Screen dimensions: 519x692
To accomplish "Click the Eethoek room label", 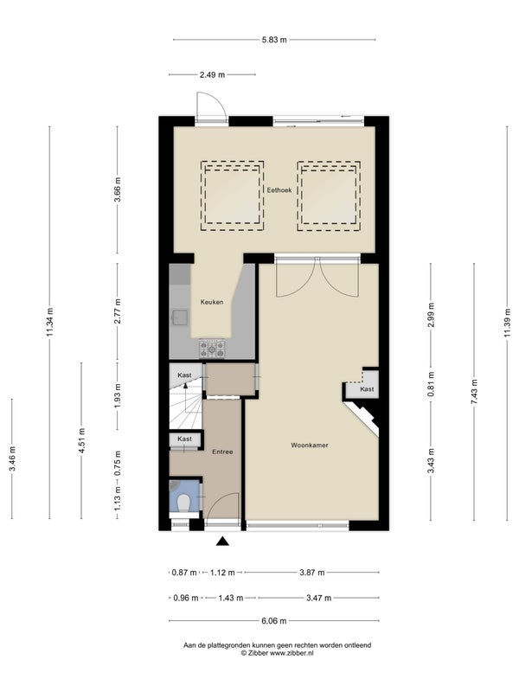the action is click(279, 190).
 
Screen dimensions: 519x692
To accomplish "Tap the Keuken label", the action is click(212, 302).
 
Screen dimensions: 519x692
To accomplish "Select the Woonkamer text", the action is click(310, 445).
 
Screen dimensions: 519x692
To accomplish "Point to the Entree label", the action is click(222, 452).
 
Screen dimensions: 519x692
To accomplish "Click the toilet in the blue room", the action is click(183, 503).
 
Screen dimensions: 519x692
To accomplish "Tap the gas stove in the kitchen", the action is click(212, 349).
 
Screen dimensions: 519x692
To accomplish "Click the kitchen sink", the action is click(180, 317).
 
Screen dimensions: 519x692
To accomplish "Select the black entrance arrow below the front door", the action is click(222, 541).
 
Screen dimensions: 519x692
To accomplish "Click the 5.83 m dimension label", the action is click(274, 40).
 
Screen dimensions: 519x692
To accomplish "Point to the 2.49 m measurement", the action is click(212, 75).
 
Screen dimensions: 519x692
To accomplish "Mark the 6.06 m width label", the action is click(274, 621).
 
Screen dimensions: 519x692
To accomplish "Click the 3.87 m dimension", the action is click(312, 573).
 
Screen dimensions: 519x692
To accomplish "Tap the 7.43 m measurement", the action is click(474, 392).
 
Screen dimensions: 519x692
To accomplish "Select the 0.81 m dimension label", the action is click(431, 383).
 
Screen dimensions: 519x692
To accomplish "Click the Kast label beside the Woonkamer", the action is click(367, 388).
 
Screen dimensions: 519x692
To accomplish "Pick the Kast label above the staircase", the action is click(184, 375).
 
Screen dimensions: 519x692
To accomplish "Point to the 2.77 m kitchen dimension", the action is click(118, 311).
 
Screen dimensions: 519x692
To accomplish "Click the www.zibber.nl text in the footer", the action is click(292, 653).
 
